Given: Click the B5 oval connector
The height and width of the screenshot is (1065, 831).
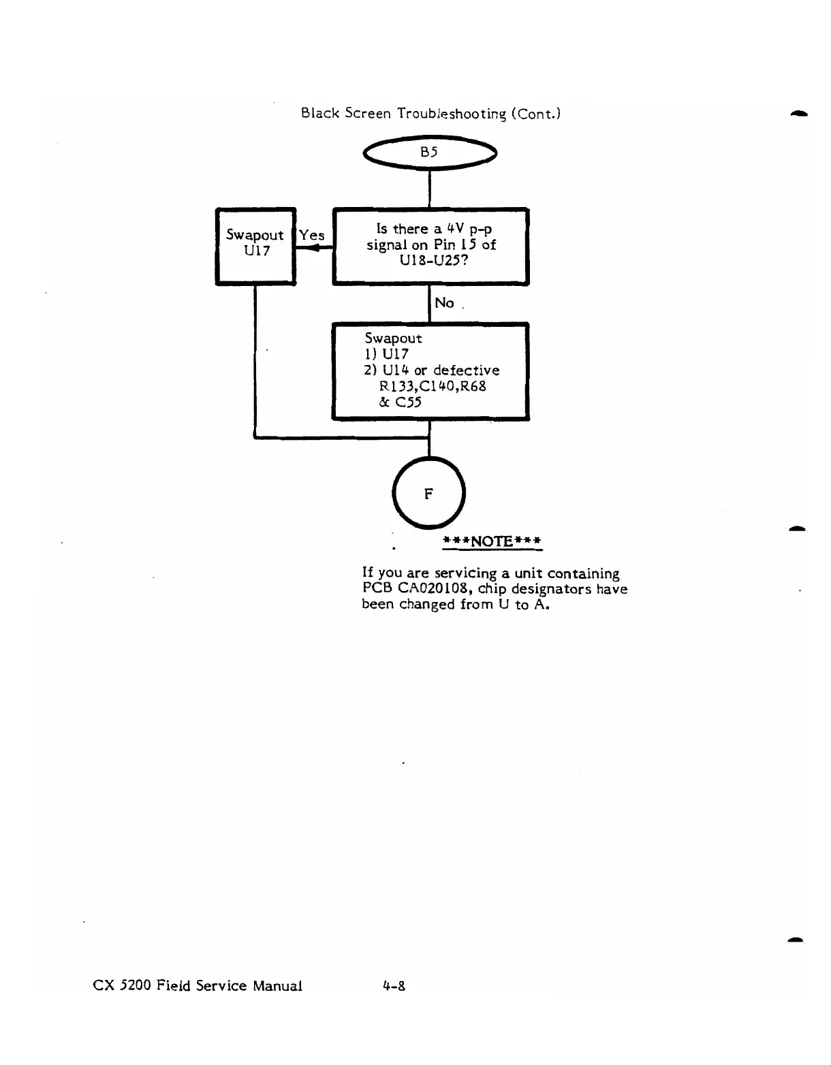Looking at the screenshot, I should pos(429,153).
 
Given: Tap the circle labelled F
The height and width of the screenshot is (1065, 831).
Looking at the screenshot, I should pos(429,494).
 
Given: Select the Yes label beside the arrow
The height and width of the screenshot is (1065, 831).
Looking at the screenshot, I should pos(311,235).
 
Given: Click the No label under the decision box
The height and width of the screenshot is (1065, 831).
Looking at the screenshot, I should pos(444,303).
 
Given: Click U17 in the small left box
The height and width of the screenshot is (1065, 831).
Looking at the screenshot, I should pos(256,251).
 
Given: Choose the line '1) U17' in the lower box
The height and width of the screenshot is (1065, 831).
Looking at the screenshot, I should pos(386,354).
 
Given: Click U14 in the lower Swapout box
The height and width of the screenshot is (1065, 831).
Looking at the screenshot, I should pos(395,370).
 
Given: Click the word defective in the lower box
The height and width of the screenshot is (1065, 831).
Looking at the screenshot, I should pos(467,370).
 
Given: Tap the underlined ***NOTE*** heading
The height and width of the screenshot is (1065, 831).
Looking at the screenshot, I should pos(492,541).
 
